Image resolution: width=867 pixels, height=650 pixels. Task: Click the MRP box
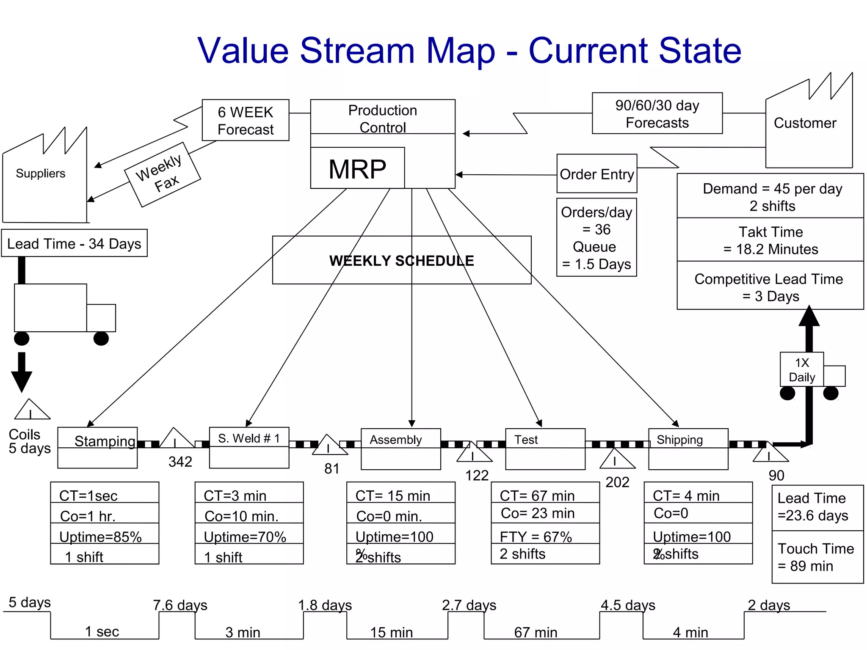357,168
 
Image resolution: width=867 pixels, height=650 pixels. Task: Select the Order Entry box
596,174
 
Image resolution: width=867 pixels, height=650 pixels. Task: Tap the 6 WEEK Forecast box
246,120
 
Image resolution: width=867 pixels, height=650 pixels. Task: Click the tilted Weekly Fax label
162,174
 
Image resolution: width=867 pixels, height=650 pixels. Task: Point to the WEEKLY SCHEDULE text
401,261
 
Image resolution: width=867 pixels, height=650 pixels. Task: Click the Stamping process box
97,447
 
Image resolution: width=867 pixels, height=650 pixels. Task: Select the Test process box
545,449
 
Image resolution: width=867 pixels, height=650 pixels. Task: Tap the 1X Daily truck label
801,369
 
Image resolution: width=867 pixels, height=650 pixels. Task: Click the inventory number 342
180,462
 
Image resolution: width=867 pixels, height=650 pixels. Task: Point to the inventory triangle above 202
617,460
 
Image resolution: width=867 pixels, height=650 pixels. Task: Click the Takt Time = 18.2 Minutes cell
770,240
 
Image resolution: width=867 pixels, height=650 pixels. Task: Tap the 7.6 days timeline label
180,605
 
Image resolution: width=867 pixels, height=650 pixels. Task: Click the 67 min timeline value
536,632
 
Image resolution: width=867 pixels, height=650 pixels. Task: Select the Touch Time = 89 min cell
817,557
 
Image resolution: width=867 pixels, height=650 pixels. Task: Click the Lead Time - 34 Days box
74,243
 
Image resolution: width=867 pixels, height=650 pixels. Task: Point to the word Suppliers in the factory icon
41,174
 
